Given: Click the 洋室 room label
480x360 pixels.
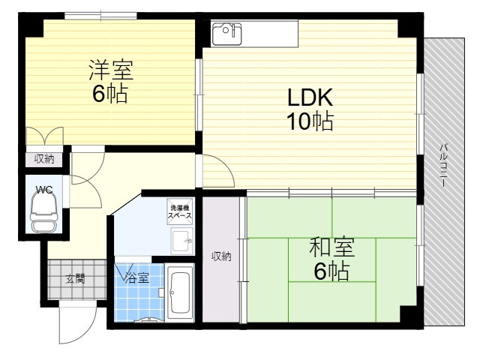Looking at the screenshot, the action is point(111,70).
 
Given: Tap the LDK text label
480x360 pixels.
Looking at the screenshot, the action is point(310,97).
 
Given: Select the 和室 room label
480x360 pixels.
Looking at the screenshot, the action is point(332,247).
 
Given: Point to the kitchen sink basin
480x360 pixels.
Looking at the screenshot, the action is point(226,33).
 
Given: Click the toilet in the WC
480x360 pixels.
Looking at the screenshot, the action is point(44,213).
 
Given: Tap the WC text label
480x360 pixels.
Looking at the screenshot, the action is point(44,190).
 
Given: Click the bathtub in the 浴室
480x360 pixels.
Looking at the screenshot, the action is point(180,292).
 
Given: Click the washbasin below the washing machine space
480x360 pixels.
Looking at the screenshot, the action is point(181,241).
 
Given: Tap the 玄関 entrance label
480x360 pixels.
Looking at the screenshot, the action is point(75,279).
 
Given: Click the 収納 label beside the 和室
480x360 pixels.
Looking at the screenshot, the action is point(221,256).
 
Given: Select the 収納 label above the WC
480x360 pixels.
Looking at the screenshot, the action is point(44,159).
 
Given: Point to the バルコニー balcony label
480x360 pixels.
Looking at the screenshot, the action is point(443,165).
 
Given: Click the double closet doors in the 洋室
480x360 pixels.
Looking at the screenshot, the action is point(45,136).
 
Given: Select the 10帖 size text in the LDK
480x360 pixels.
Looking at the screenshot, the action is point(310,121).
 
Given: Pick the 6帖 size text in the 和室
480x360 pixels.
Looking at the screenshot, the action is point(331,271).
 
